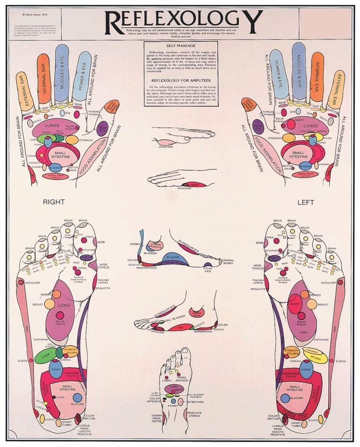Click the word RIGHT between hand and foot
54,202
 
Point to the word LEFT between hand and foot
306,202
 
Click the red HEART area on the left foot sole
294,304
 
